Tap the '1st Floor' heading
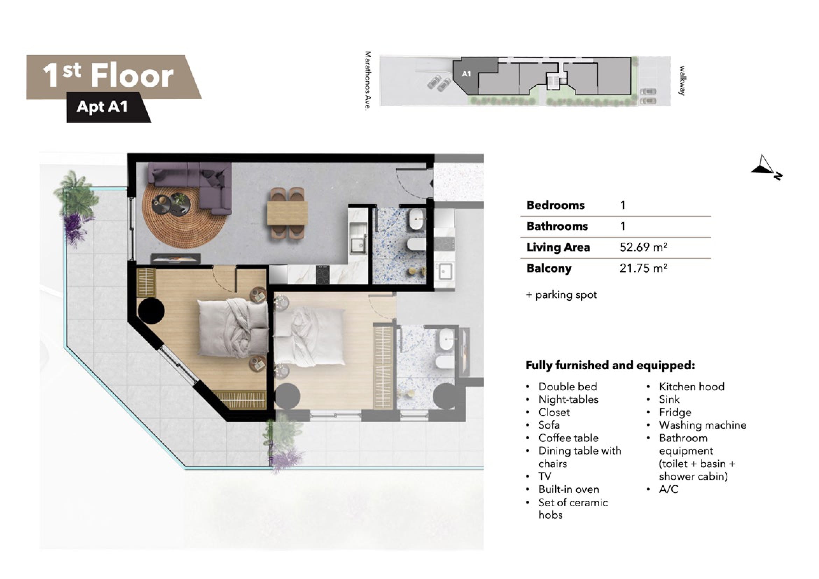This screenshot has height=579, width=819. coord(108,76)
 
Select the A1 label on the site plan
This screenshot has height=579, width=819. coord(466,74)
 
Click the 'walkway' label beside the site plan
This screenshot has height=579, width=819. coord(682,80)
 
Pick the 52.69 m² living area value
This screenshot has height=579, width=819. coord(643,247)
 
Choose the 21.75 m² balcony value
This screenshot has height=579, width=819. coord(643,268)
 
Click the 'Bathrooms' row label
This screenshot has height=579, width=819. coord(557,226)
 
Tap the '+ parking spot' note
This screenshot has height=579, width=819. coord(561,295)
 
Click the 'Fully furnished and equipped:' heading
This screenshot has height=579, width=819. coord(610,365)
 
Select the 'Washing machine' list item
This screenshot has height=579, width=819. coord(702,425)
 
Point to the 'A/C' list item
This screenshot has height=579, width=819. coord(669,489)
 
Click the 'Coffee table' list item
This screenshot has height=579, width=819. coord(568,438)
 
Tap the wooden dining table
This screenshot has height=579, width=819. coord(288,213)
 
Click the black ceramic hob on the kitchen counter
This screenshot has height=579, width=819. coord(323,275)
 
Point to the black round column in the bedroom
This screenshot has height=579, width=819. coord(151,311)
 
